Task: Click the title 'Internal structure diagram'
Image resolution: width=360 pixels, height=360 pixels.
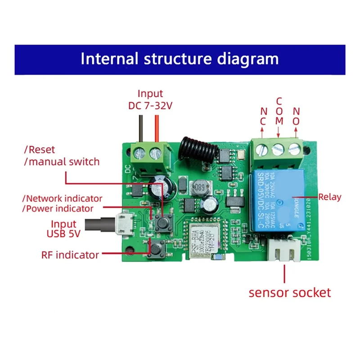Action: [180, 59]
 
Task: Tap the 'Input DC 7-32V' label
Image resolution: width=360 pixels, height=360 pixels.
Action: [150, 99]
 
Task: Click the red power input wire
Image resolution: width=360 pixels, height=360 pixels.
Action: [157, 128]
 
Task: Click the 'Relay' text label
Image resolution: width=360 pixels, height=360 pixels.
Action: [330, 197]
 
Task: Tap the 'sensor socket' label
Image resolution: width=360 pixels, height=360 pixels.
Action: [290, 292]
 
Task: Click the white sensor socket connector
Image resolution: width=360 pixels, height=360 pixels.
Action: [284, 252]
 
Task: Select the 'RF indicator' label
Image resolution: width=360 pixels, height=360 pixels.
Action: [70, 255]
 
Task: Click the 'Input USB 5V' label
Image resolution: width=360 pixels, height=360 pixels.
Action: [63, 229]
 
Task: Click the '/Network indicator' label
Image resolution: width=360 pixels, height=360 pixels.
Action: [63, 198]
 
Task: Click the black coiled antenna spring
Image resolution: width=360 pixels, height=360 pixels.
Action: [195, 146]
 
